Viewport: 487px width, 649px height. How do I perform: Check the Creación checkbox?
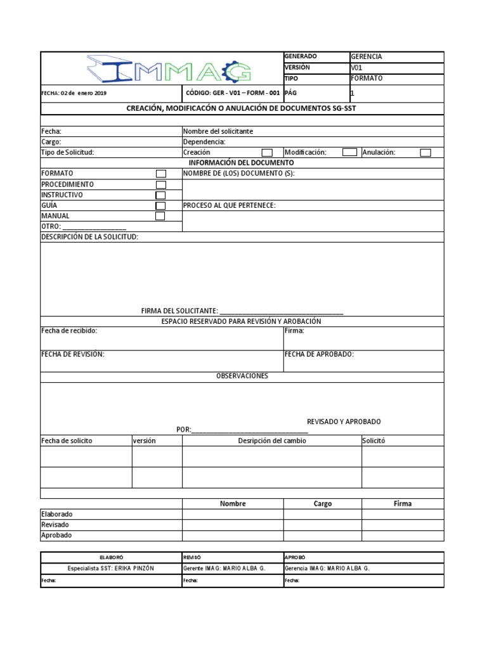(x=267, y=153)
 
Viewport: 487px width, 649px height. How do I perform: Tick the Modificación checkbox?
(x=349, y=152)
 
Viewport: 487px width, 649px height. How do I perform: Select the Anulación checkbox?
(x=425, y=153)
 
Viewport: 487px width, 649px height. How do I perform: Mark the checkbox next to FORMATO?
(x=161, y=174)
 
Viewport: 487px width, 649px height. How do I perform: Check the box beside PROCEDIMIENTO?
(x=161, y=184)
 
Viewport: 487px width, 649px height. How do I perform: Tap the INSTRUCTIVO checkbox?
(x=160, y=195)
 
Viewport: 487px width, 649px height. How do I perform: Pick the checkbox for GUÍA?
(x=160, y=206)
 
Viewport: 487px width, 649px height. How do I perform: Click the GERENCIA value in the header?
(x=367, y=56)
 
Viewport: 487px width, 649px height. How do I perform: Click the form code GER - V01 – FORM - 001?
(x=233, y=93)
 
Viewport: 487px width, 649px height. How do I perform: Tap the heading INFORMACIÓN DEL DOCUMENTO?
(x=242, y=163)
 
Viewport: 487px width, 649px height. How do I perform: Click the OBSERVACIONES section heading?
(x=242, y=376)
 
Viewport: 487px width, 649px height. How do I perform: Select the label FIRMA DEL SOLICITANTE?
(x=179, y=311)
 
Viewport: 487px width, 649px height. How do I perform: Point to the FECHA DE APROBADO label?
(x=319, y=354)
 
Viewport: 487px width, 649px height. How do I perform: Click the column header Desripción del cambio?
(x=271, y=440)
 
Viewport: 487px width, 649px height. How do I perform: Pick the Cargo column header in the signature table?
(x=322, y=504)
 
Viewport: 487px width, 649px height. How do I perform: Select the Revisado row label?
(x=55, y=525)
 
